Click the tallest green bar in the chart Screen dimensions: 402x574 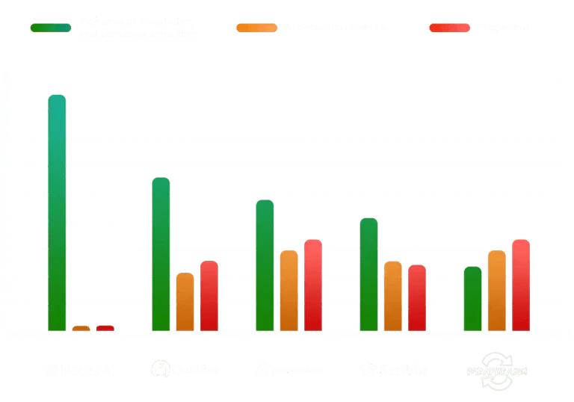tap(58, 213)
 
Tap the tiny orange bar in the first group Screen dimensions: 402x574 tap(81, 328)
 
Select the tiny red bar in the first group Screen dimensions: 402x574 tap(105, 327)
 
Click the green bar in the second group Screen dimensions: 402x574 tap(161, 254)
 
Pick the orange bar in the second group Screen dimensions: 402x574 tap(185, 302)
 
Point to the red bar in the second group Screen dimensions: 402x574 tap(209, 296)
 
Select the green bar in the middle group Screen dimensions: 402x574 tap(265, 265)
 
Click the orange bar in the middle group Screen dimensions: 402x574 tap(288, 291)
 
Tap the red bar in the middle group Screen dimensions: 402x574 tap(313, 285)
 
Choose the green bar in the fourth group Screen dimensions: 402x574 tap(368, 274)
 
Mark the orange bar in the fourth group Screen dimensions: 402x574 tap(392, 296)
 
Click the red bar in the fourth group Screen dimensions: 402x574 tap(417, 297)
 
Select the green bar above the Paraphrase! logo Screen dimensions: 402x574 tap(472, 298)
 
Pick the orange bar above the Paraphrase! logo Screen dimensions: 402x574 tap(496, 291)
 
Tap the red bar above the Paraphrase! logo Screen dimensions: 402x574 tap(521, 285)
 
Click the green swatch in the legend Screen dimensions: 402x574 tap(51, 28)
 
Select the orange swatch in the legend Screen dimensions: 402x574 tap(256, 28)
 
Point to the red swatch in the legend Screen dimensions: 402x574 tap(450, 28)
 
